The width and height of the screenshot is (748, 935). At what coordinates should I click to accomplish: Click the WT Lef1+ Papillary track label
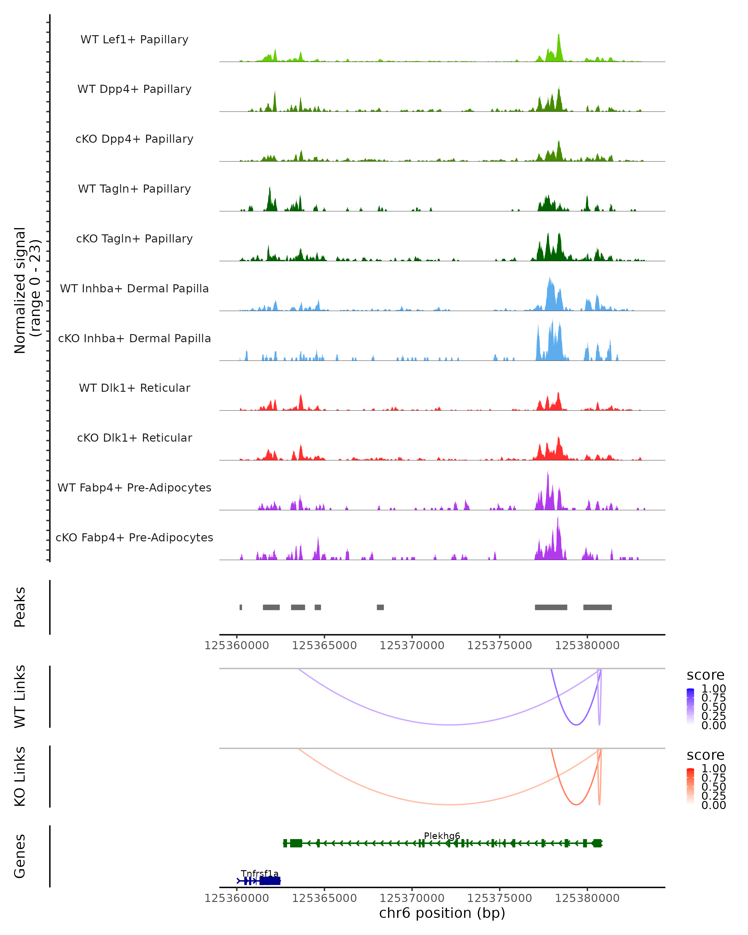coord(134,40)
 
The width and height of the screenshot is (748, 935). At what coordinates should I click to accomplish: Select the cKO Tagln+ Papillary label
coord(134,238)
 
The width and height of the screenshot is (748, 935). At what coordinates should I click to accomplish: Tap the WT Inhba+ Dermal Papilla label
coord(134,288)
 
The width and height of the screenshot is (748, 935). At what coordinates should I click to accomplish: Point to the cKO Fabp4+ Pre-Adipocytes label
coord(134,537)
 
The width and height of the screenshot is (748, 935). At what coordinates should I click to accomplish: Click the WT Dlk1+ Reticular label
coord(134,388)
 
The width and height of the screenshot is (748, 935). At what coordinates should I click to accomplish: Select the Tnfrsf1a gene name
coord(260,873)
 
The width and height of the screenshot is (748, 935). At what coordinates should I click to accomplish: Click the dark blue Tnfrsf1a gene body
coord(270,881)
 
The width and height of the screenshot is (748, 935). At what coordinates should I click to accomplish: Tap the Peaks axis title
coord(20,607)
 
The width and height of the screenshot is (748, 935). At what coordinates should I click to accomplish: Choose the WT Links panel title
coord(20,697)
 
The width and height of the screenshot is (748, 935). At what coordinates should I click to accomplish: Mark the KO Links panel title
coord(20,776)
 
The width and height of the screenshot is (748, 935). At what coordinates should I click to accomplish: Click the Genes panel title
coord(20,856)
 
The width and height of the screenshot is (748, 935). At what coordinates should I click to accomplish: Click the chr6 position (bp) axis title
coord(442,913)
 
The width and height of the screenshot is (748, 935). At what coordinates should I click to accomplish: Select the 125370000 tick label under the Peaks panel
coord(412,645)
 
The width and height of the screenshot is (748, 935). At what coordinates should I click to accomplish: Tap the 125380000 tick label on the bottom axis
coord(587,898)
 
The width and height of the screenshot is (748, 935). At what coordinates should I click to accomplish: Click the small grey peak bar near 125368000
coord(380,607)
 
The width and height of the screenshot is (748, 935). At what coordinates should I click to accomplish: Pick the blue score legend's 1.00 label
coord(714,689)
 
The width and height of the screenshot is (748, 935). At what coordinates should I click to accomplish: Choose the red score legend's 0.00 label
coord(714,805)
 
